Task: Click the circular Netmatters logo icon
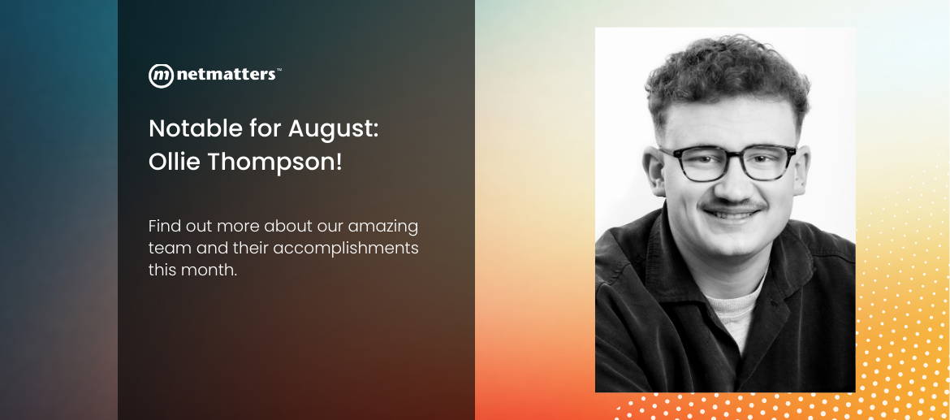point(161,76)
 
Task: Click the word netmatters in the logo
point(226,76)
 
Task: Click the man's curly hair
point(727,74)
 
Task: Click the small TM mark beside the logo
point(279,70)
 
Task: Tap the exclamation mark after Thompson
point(339,162)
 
